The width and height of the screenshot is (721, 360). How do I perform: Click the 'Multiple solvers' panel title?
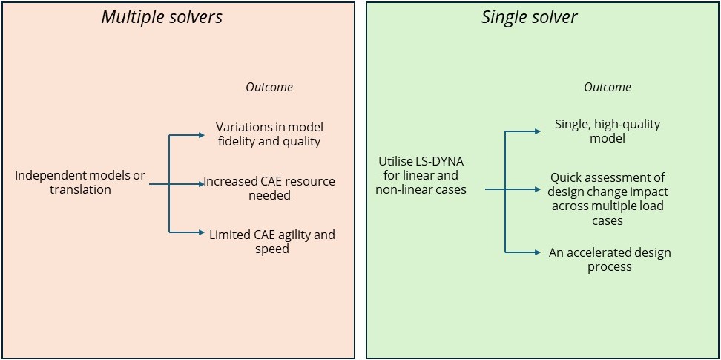tap(162, 17)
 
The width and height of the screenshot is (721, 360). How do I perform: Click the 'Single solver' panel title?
tap(529, 17)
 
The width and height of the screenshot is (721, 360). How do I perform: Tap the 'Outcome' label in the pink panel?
tap(269, 87)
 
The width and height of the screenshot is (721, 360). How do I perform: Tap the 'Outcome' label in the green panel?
tap(608, 87)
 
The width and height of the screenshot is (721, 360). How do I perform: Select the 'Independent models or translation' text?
tap(80, 183)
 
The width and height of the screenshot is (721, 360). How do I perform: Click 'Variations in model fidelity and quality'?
tap(269, 134)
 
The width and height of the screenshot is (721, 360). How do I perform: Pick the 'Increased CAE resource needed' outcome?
tap(269, 189)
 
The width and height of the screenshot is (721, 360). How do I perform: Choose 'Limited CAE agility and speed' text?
tap(271, 242)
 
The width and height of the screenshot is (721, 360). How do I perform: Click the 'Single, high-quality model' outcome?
tap(608, 131)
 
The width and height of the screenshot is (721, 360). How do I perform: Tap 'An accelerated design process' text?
tap(610, 260)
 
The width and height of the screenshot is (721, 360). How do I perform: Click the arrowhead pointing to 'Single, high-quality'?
tap(538, 131)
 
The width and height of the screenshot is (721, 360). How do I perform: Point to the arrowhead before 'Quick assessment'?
tap(538, 189)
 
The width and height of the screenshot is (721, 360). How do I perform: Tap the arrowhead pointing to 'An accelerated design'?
tap(538, 252)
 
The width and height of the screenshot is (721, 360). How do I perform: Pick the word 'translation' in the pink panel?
tap(80, 190)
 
